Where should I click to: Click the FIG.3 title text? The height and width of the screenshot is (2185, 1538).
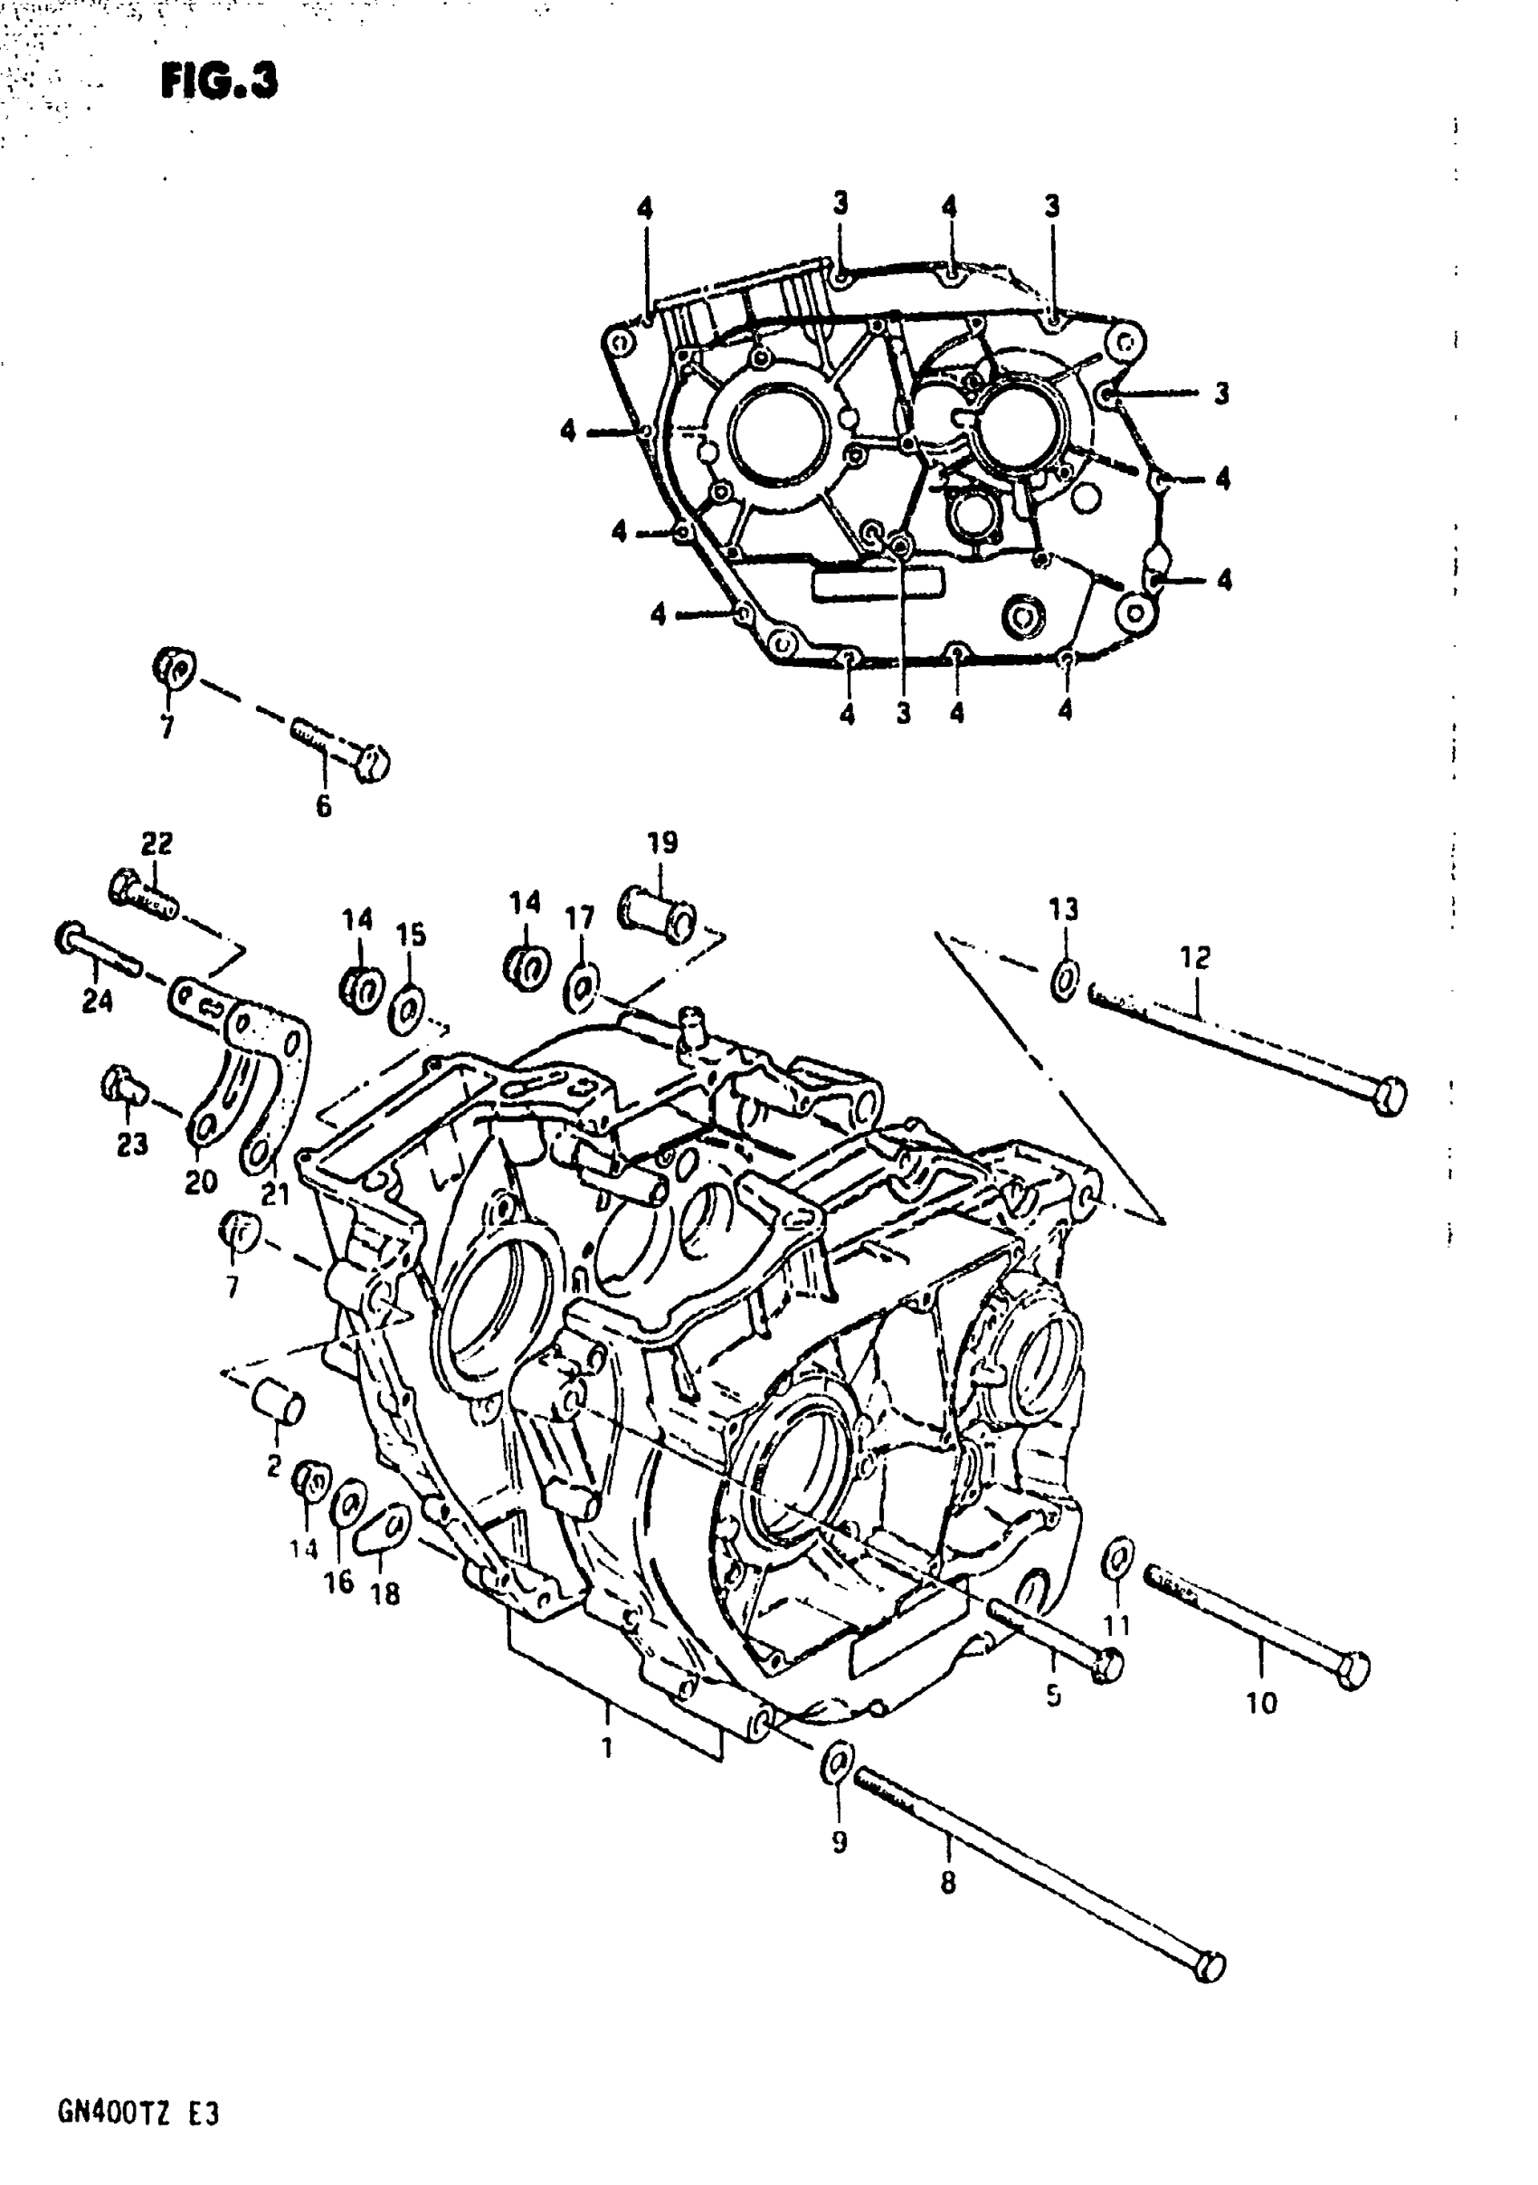[219, 81]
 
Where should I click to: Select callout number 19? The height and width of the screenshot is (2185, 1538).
[662, 843]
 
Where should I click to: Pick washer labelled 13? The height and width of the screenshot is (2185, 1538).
[1065, 981]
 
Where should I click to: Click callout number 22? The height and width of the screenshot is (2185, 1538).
[157, 844]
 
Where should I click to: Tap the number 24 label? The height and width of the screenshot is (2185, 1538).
[97, 1002]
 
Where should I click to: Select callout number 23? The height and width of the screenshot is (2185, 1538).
[132, 1144]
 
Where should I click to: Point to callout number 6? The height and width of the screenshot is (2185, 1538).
[324, 807]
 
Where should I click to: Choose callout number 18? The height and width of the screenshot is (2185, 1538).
[385, 1594]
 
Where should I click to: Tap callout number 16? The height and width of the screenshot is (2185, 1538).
[340, 1582]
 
